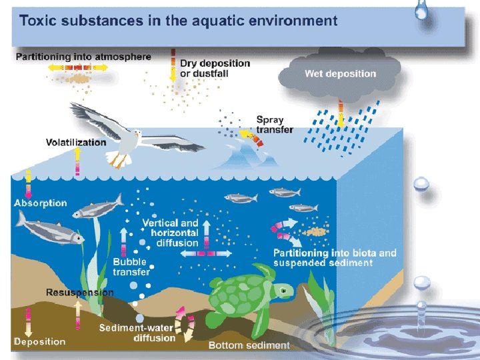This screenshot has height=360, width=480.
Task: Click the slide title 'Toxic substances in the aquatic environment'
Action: pyautogui.click(x=179, y=20)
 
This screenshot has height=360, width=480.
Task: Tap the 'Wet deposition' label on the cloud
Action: pyautogui.click(x=341, y=73)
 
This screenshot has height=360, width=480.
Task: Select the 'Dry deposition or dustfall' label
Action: pyautogui.click(x=215, y=68)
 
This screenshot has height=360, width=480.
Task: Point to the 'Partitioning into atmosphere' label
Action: pyautogui.click(x=83, y=57)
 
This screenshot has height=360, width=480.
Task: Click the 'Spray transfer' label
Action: pyautogui.click(x=275, y=125)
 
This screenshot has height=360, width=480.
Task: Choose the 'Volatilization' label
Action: pyautogui.click(x=76, y=142)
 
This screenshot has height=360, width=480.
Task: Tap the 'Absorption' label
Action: pyautogui.click(x=41, y=203)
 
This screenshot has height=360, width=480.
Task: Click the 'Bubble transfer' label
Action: pyautogui.click(x=131, y=267)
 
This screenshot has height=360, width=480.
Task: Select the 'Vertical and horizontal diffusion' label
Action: pyautogui.click(x=170, y=233)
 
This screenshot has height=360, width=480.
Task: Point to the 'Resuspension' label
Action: pyautogui.click(x=80, y=292)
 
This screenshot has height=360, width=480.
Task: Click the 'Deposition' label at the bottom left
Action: pyautogui.click(x=40, y=342)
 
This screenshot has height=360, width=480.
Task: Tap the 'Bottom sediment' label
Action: pyautogui.click(x=249, y=345)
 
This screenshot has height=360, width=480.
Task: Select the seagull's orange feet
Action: pyautogui.click(x=117, y=160)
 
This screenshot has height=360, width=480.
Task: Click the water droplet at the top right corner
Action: pyautogui.click(x=421, y=9)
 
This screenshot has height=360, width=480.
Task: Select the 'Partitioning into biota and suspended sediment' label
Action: pyautogui.click(x=335, y=257)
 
